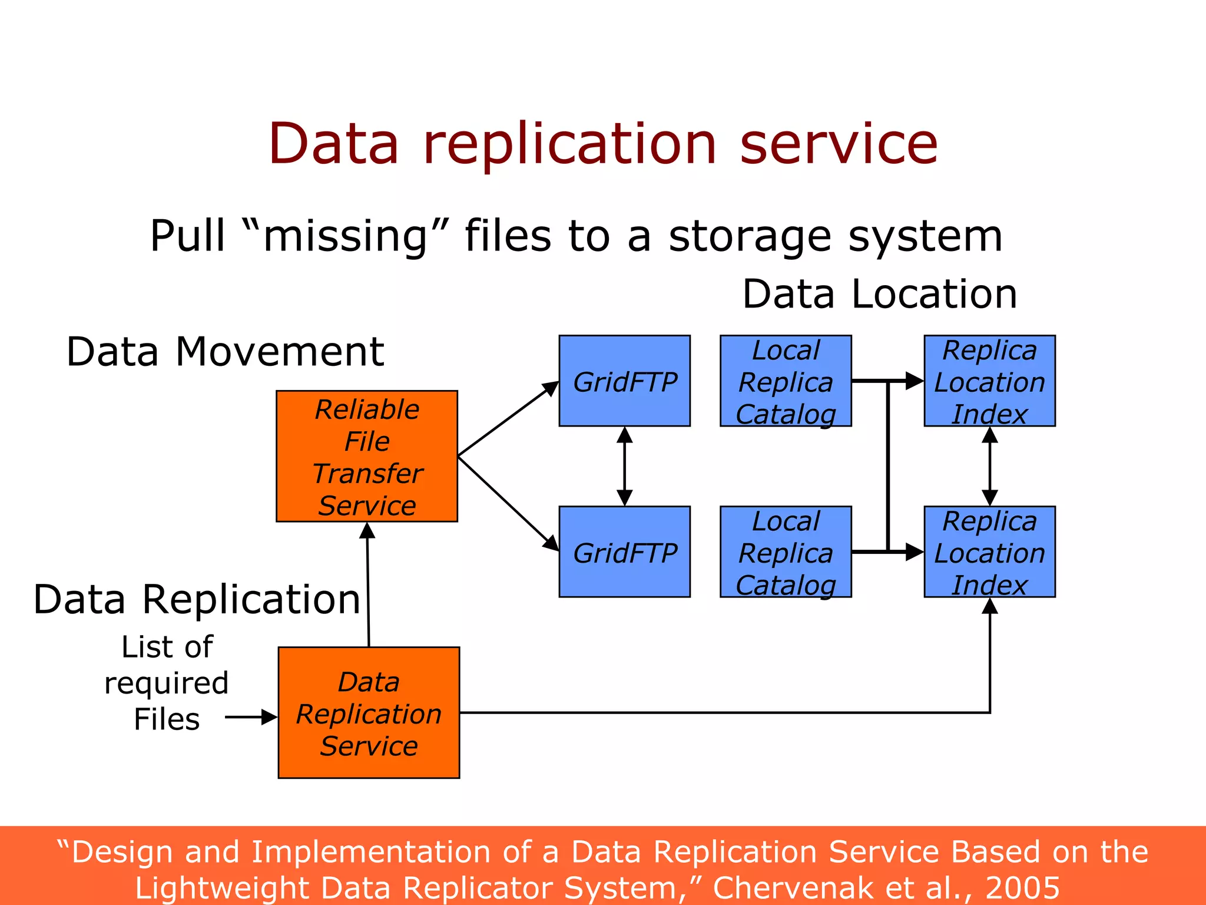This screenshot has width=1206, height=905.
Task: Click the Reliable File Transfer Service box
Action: [367, 456]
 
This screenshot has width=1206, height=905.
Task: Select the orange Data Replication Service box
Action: [369, 713]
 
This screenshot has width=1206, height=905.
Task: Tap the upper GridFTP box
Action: [624, 381]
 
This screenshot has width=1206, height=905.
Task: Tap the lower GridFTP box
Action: [624, 551]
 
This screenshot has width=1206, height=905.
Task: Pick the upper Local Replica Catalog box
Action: [786, 381]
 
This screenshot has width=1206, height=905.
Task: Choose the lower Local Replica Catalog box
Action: [786, 551]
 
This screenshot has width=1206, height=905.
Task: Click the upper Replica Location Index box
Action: [989, 381]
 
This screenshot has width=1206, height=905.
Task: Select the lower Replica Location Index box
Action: [989, 551]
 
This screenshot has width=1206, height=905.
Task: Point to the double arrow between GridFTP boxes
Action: [624, 466]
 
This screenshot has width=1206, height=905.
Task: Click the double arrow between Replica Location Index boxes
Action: [990, 466]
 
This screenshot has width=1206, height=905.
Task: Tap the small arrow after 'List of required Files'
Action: [251, 717]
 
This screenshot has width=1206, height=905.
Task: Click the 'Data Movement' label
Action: [225, 352]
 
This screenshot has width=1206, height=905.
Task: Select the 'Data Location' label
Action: [880, 294]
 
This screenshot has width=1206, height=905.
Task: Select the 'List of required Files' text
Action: [167, 683]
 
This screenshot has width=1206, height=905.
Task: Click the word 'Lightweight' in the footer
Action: [223, 887]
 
